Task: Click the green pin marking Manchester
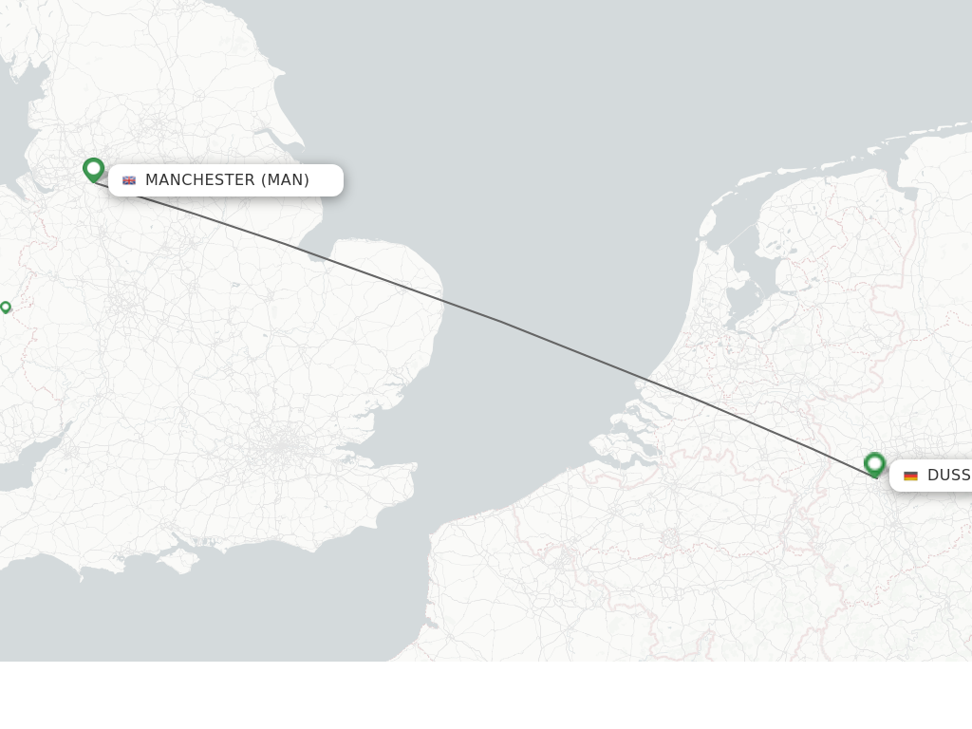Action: point(93,169)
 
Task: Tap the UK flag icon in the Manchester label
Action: point(129,180)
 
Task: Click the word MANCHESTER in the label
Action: point(199,180)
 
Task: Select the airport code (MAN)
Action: point(285,180)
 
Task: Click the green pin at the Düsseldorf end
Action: point(874,464)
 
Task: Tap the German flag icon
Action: point(910,476)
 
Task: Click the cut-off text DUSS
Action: point(948,476)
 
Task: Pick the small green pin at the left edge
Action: point(6,307)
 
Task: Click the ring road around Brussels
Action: point(670,537)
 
